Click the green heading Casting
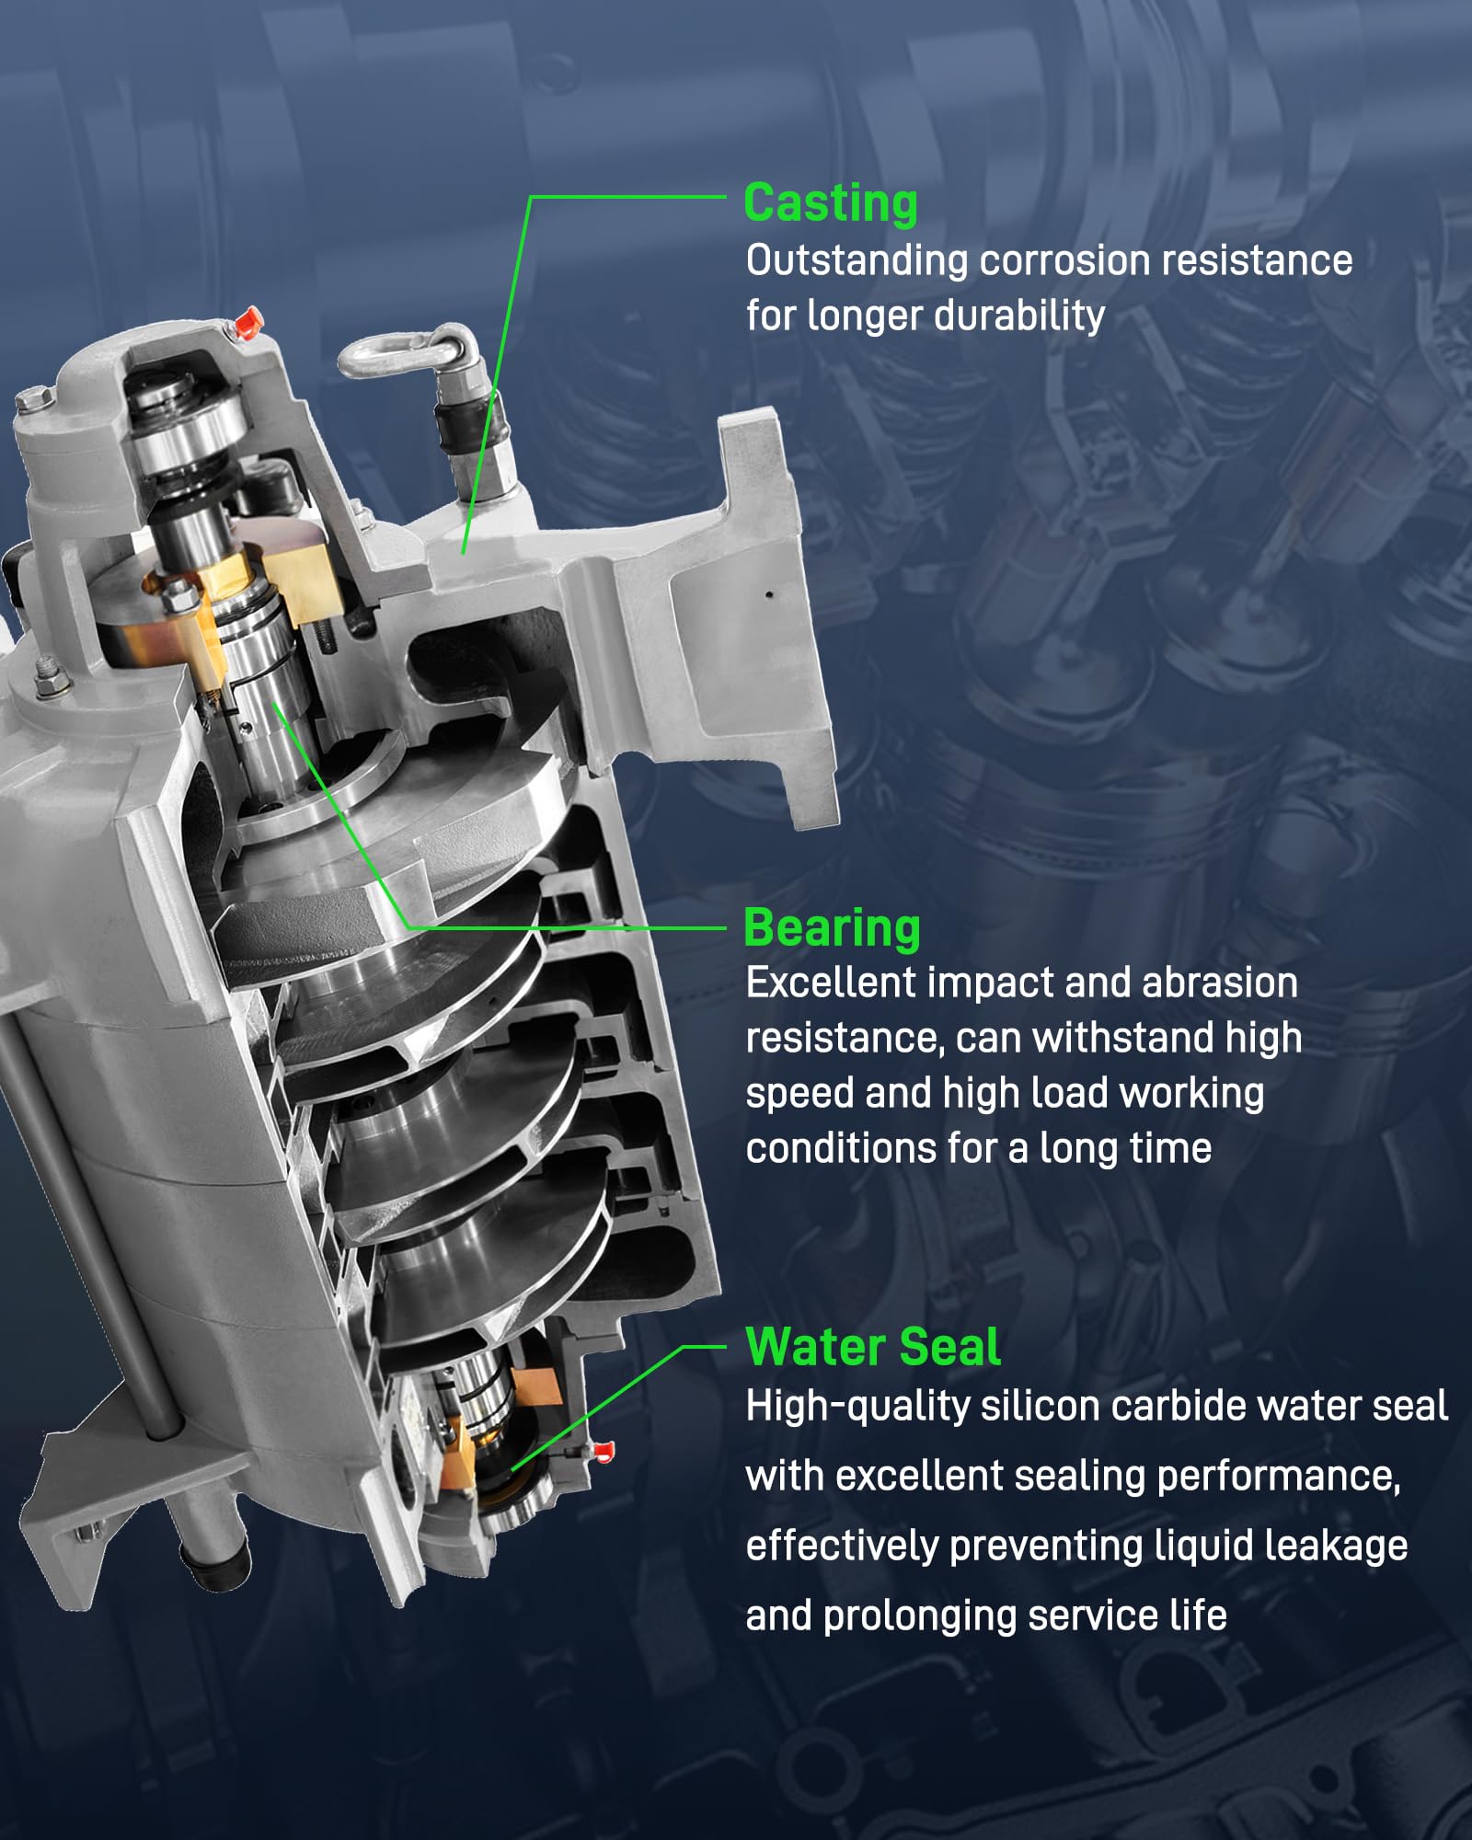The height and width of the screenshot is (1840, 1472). [x=830, y=203]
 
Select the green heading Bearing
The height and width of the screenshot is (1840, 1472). [x=832, y=928]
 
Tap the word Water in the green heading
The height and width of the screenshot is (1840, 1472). [x=804, y=1348]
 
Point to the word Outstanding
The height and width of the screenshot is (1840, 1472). [x=857, y=261]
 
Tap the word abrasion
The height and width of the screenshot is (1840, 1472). [x=1220, y=983]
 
